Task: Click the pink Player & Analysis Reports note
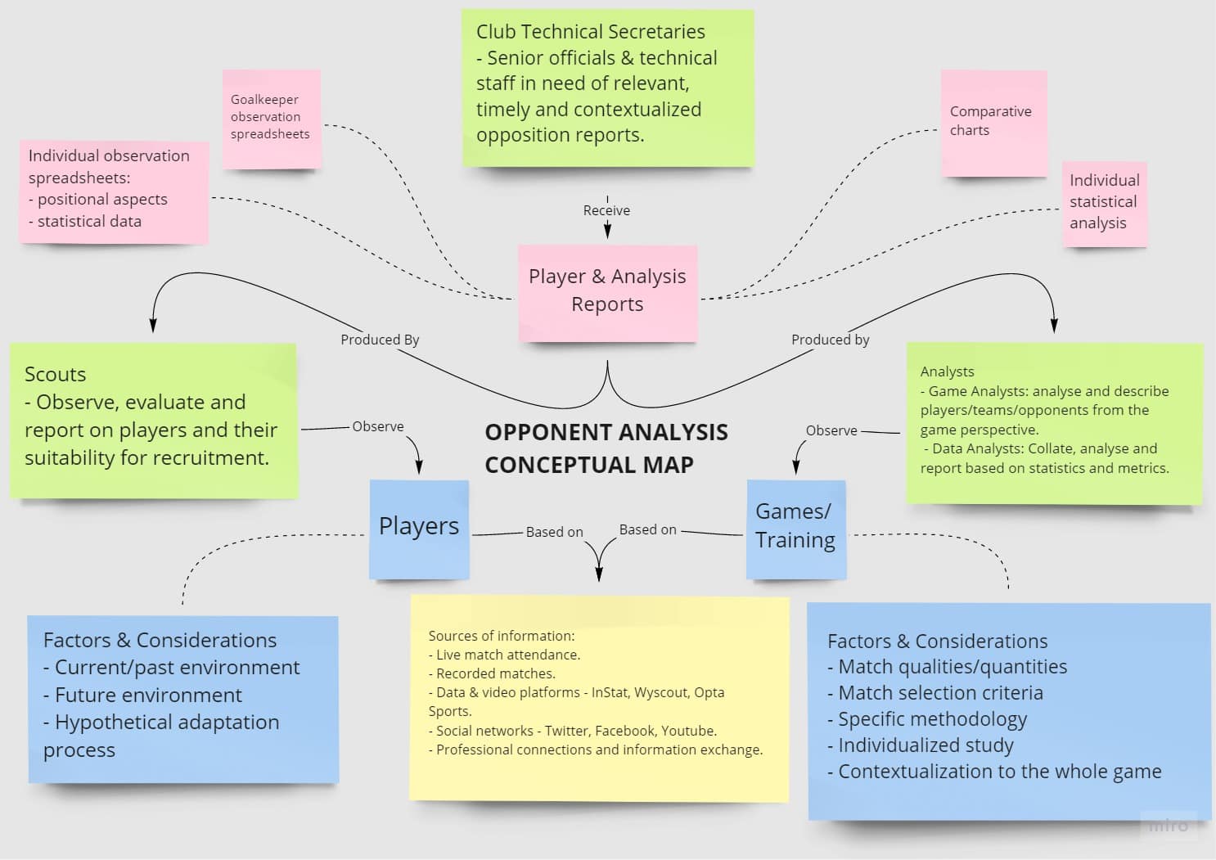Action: [607, 291]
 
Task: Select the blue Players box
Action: [419, 528]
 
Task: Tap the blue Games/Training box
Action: [795, 528]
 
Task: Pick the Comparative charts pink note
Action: [993, 122]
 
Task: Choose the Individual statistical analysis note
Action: [1104, 202]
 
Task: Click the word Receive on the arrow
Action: [606, 210]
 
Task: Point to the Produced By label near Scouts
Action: [380, 340]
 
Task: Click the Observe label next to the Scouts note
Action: [378, 426]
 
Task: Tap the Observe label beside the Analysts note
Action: [831, 430]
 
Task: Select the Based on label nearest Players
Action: [554, 532]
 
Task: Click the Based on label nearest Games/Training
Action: [647, 529]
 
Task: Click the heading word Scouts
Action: [55, 374]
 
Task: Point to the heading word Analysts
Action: [947, 371]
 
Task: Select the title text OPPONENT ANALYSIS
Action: [606, 432]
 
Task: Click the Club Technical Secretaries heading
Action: [590, 32]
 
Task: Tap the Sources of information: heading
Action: [501, 636]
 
